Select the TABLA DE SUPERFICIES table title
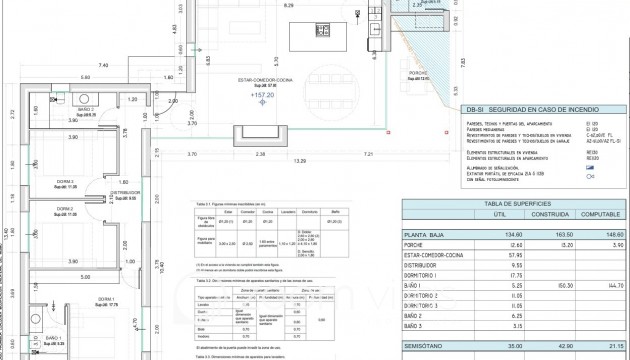[517, 203]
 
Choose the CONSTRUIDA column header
[541, 214]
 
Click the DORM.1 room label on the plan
[106, 299]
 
